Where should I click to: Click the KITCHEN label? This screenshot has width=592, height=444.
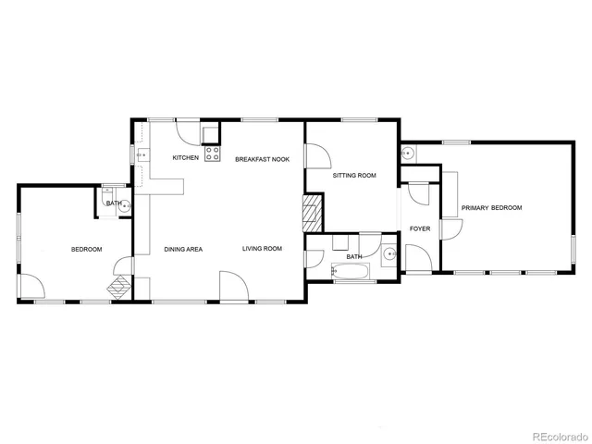(x=186, y=158)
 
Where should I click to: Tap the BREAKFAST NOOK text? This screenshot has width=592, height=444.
(x=262, y=159)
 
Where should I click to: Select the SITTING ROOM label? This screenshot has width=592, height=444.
(x=354, y=175)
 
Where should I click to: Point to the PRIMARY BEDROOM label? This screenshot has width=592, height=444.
(x=492, y=208)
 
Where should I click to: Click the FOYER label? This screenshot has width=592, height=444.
(x=420, y=228)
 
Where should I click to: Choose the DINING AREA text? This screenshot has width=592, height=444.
(x=183, y=249)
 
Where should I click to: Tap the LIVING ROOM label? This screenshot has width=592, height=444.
(x=262, y=249)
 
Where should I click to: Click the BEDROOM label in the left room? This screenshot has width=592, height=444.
(x=87, y=249)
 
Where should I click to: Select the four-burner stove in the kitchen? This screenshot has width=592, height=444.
(x=212, y=153)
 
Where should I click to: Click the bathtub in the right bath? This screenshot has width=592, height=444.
(x=351, y=272)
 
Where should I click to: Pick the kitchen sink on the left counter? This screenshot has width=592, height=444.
(x=142, y=153)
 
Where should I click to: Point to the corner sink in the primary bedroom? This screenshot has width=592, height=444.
(x=407, y=152)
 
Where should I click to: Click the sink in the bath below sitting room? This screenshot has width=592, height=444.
(x=388, y=252)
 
